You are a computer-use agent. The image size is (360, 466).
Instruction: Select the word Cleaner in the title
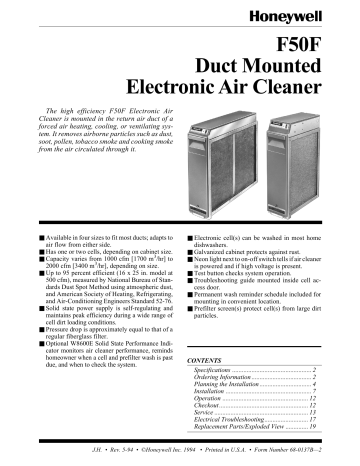(x=307, y=92)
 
